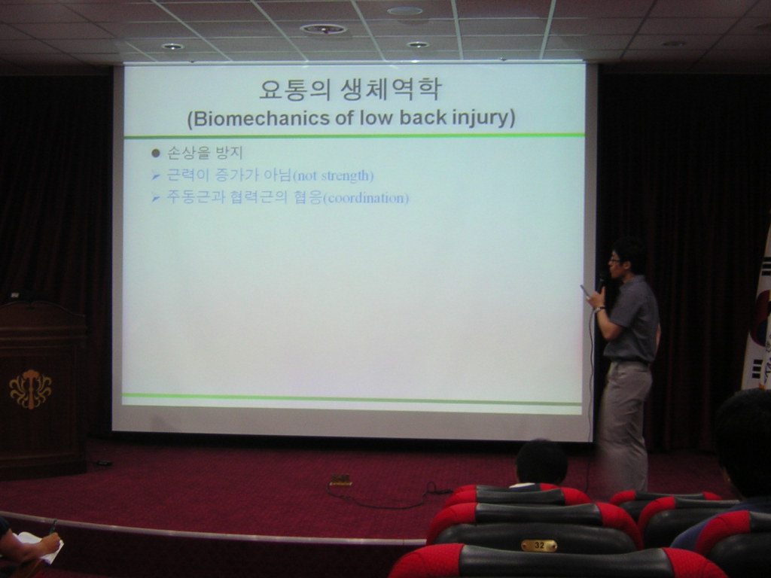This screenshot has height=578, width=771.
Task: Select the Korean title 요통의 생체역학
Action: [x=350, y=89]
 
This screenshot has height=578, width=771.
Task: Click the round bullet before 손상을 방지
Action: [x=156, y=154]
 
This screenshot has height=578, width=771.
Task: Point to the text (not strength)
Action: [x=333, y=175]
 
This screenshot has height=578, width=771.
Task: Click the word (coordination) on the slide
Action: [x=365, y=198]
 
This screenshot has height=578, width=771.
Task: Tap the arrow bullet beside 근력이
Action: [x=156, y=175]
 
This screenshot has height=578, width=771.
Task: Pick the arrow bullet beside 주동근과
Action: [x=156, y=198]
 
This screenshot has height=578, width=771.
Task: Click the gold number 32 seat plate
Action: [x=539, y=545]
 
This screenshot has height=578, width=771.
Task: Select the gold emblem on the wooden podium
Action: [x=30, y=389]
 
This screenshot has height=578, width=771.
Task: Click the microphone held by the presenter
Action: [x=602, y=283]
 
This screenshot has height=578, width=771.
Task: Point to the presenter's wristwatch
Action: [x=599, y=309]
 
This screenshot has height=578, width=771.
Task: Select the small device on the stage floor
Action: [x=341, y=479]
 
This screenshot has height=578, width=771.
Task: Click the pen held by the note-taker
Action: [x=53, y=526]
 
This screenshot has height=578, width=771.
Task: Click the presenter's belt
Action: [x=627, y=362]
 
